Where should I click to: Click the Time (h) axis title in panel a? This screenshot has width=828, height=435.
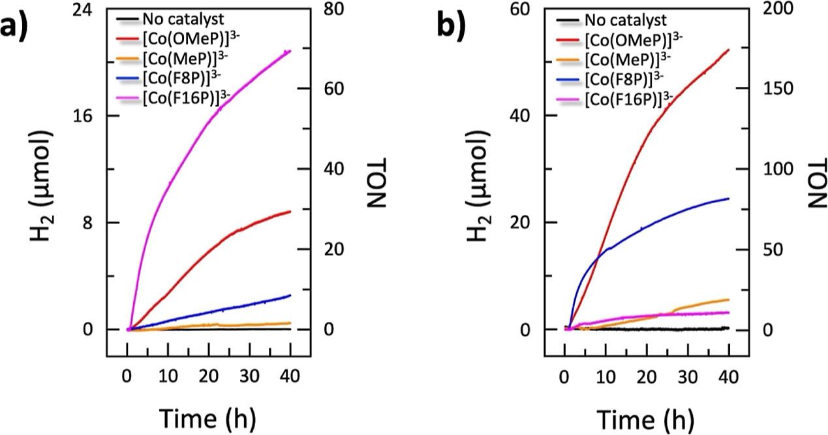pyautogui.click(x=208, y=415)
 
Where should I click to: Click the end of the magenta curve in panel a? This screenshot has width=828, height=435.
pyautogui.click(x=290, y=51)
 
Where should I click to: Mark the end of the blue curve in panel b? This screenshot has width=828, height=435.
pyautogui.click(x=728, y=199)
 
